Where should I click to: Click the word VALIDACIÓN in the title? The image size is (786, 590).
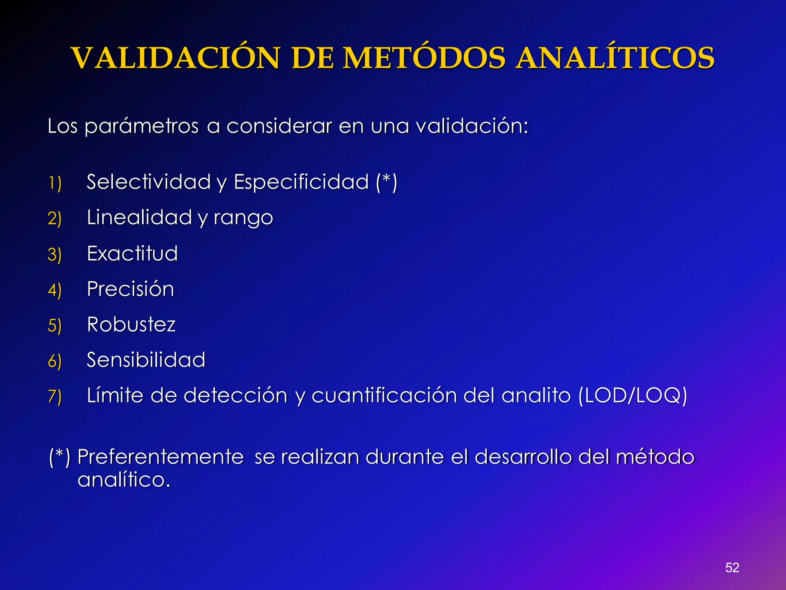pyautogui.click(x=175, y=58)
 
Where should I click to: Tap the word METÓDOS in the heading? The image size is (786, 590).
pyautogui.click(x=424, y=58)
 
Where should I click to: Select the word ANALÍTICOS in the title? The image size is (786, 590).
pyautogui.click(x=615, y=58)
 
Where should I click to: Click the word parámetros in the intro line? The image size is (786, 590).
pyautogui.click(x=141, y=126)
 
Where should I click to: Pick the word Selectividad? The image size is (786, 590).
pyautogui.click(x=149, y=182)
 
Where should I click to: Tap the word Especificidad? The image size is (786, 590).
pyautogui.click(x=301, y=182)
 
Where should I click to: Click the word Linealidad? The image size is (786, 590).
pyautogui.click(x=139, y=217)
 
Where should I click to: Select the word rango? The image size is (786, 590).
pyautogui.click(x=243, y=218)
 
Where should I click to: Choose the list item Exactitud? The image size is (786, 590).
pyautogui.click(x=132, y=254)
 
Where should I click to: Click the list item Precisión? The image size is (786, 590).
pyautogui.click(x=130, y=289)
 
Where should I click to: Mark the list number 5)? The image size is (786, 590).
pyautogui.click(x=54, y=325)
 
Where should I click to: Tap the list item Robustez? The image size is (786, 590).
pyautogui.click(x=131, y=324)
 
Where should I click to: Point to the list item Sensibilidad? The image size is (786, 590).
pyautogui.click(x=146, y=360)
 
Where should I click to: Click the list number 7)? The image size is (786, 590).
pyautogui.click(x=54, y=396)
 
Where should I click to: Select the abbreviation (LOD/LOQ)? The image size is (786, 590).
pyautogui.click(x=632, y=395)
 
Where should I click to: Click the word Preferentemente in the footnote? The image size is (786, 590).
pyautogui.click(x=160, y=457)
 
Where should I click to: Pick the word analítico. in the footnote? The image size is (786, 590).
pyautogui.click(x=124, y=480)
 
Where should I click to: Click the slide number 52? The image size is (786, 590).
pyautogui.click(x=732, y=567)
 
